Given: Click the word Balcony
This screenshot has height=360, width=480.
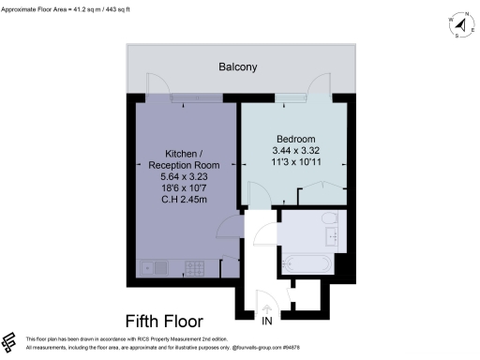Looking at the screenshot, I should pyautogui.click(x=238, y=67).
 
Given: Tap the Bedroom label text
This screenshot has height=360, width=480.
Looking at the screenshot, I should pyautogui.click(x=294, y=138).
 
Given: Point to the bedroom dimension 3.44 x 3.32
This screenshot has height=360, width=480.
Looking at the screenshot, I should pyautogui.click(x=294, y=150).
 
